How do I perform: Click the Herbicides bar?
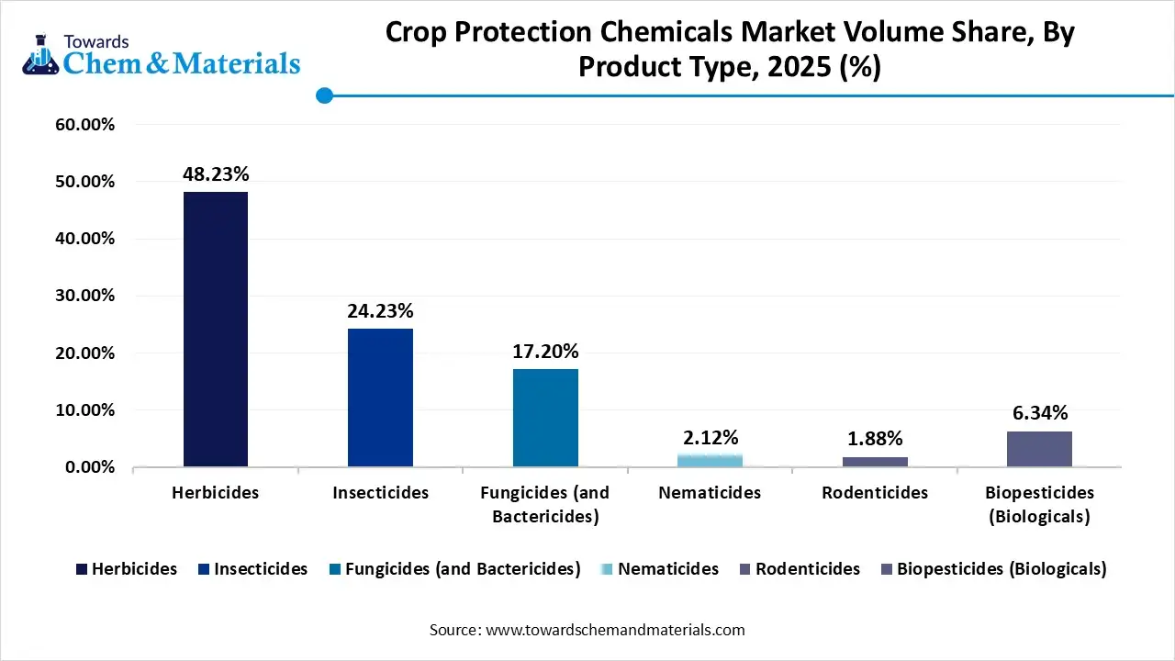[215, 329]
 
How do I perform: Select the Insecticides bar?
[380, 398]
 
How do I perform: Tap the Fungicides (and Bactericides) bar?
[545, 418]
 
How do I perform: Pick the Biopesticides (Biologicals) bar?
[1039, 449]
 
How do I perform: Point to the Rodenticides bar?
[875, 461]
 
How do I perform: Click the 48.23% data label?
[216, 174]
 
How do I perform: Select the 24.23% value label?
[380, 311]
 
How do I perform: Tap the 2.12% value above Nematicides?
[711, 437]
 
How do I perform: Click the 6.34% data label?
[1039, 414]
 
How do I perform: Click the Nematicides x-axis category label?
[710, 493]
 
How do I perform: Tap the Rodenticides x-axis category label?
[875, 493]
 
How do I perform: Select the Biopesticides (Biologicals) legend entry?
[993, 569]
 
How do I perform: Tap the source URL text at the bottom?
[587, 630]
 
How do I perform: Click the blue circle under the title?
[324, 95]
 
